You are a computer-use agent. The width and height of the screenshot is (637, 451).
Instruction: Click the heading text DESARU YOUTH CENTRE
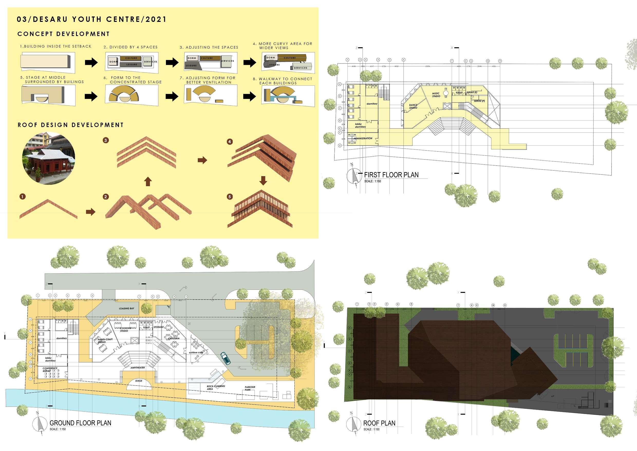click(x=91, y=19)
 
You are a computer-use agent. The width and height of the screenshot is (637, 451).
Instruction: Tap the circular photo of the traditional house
click(x=49, y=158)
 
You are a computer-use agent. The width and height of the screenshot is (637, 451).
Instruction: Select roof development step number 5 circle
click(x=229, y=197)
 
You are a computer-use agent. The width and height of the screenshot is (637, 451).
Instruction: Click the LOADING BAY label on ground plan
click(x=127, y=308)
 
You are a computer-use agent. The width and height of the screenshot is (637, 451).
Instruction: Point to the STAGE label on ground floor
click(x=139, y=381)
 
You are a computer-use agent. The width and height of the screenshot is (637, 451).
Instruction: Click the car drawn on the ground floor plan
click(x=225, y=358)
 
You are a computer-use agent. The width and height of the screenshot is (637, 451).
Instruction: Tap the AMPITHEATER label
click(x=138, y=368)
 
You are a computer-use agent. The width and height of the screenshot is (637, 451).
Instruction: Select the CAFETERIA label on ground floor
click(x=174, y=339)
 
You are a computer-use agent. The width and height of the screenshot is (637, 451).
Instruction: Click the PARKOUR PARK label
click(x=250, y=388)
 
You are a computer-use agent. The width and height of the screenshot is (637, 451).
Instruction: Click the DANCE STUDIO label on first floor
click(x=413, y=106)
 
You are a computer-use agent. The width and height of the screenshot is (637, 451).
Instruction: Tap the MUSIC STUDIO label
click(x=436, y=95)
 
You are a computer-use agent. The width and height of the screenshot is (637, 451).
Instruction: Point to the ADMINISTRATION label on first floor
click(x=363, y=138)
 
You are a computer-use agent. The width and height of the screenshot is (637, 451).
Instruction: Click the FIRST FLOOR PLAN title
click(x=391, y=175)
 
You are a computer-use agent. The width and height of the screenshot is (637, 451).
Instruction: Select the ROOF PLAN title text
click(x=379, y=423)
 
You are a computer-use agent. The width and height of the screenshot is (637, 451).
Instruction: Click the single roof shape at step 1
click(x=48, y=209)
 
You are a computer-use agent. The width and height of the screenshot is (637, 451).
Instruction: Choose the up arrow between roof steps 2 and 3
click(x=148, y=182)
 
